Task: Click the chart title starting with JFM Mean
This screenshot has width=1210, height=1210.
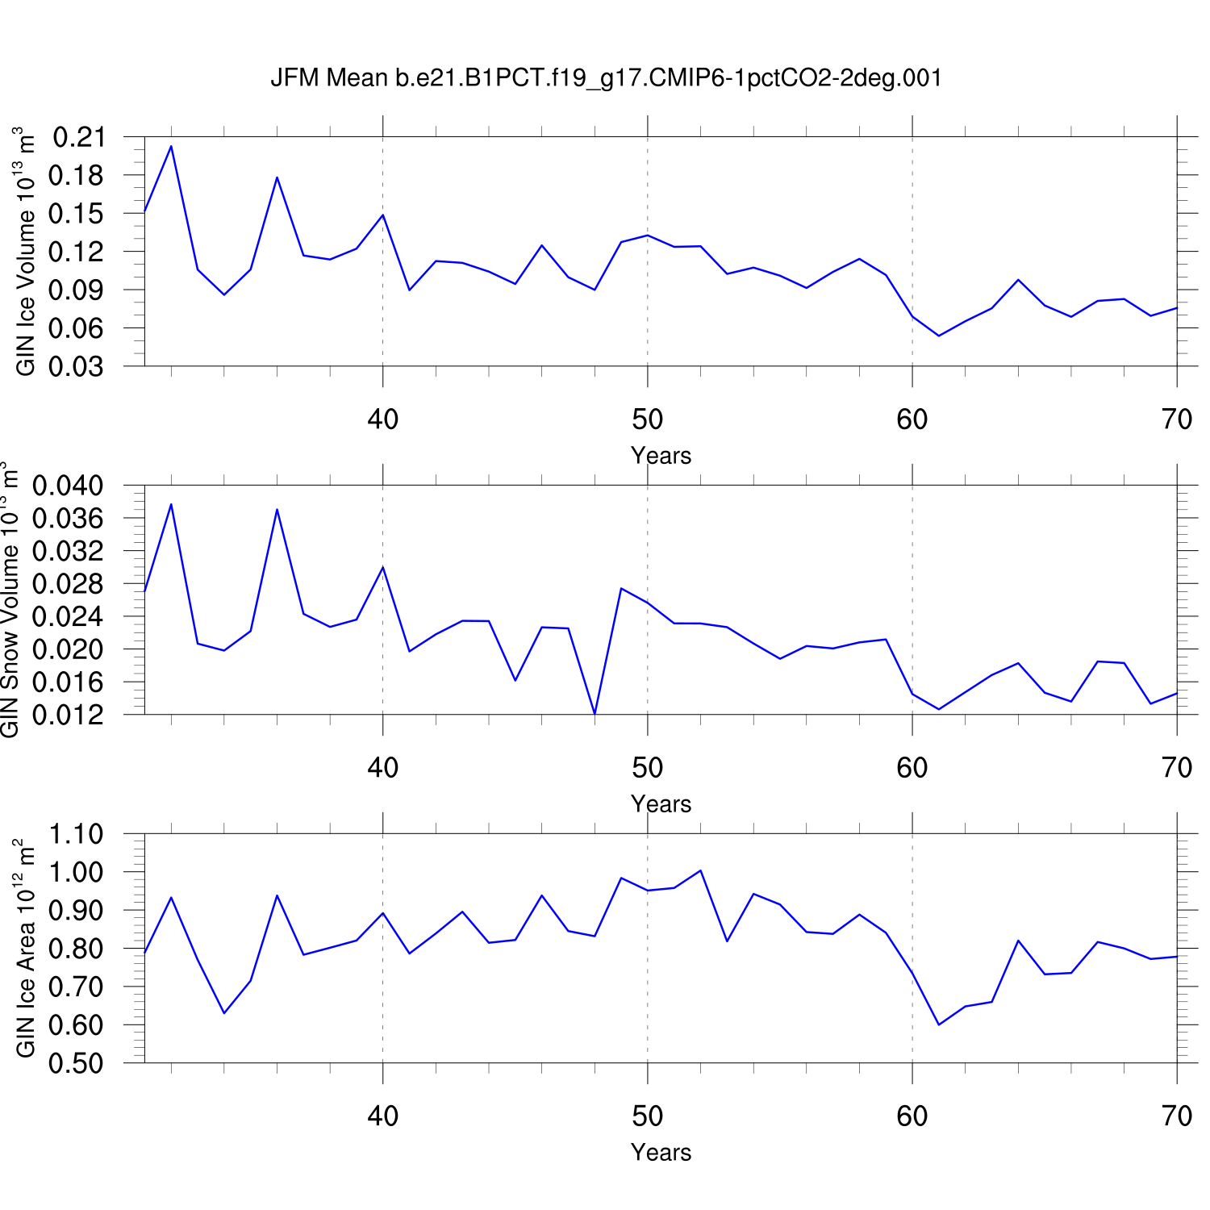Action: tap(606, 78)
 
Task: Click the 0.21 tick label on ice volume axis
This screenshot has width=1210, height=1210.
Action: tap(78, 137)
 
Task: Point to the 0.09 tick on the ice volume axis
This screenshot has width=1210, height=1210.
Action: tap(78, 290)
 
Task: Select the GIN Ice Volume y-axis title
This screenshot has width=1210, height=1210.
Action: tap(26, 251)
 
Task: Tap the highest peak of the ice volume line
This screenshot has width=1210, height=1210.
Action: tap(171, 146)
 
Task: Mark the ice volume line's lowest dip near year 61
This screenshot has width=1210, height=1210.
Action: tap(939, 336)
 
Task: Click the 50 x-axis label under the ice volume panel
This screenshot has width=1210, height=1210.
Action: tap(647, 419)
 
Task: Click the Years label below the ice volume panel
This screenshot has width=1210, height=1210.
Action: tap(661, 456)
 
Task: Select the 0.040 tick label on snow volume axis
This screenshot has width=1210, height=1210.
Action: tap(69, 486)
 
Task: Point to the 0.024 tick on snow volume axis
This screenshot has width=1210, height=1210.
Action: tap(69, 616)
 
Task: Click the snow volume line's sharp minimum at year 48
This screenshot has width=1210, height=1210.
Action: tap(595, 714)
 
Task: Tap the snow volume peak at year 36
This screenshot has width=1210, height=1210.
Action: tap(277, 509)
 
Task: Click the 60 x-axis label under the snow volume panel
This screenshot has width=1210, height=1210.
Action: tap(912, 768)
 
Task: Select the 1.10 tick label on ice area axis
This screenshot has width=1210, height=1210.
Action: tap(77, 834)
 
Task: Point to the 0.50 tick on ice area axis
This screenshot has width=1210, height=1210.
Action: tap(77, 1063)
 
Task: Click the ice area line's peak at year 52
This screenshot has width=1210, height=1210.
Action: tap(700, 870)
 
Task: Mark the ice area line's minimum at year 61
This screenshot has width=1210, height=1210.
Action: tap(939, 1024)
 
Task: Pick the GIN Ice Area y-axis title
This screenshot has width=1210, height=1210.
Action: tap(26, 948)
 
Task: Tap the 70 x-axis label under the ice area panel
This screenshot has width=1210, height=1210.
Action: tap(1177, 1116)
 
